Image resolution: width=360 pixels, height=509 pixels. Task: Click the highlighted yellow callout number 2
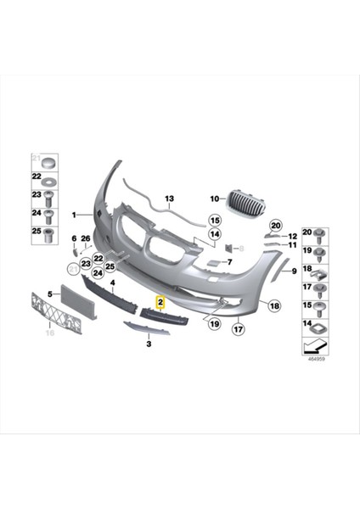tap(159, 300)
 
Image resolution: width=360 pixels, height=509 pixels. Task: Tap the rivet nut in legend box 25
tap(48, 233)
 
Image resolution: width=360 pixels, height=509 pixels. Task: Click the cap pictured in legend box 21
tap(48, 161)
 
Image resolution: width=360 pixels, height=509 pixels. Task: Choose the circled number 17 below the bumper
tap(239, 329)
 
